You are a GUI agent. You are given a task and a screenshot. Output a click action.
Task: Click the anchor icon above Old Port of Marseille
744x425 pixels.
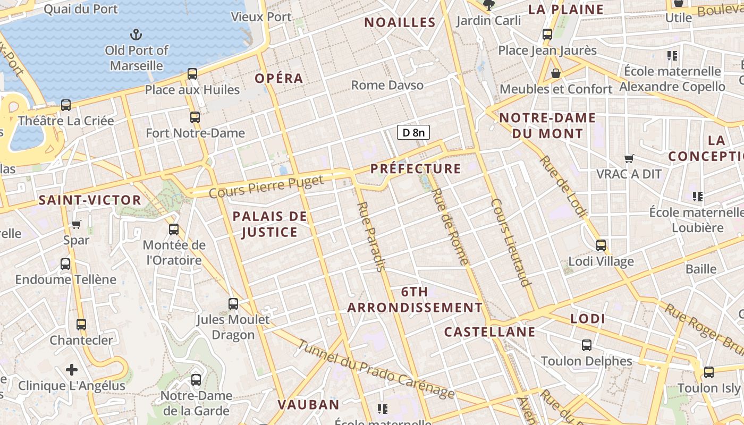pos(137,35)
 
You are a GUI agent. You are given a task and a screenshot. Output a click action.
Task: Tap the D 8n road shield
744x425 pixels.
pos(413,132)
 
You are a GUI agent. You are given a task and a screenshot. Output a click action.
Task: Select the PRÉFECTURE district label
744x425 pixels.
pos(416,169)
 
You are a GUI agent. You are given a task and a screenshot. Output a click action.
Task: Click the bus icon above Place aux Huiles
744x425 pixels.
pos(192,74)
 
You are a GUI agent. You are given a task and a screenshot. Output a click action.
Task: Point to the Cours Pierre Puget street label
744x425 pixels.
pos(266,186)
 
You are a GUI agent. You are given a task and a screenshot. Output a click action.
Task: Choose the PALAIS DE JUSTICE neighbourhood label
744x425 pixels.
pos(270,224)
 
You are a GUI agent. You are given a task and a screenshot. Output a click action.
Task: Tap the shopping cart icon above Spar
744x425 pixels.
pos(76,224)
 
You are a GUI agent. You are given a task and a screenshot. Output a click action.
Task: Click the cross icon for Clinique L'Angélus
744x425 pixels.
pos(72,370)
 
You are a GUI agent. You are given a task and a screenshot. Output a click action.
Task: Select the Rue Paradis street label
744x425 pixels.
pos(371,236)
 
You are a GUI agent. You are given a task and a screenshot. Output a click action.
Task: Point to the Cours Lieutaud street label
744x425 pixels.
pos(511,243)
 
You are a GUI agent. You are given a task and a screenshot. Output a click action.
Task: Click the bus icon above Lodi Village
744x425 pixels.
pos(601,245)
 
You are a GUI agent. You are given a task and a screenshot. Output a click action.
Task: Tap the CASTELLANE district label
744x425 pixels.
pos(489,332)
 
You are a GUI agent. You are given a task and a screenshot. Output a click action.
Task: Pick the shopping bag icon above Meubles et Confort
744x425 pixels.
pos(556,73)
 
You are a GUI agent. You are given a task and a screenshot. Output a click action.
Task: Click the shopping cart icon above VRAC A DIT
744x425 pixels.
pos(629,158)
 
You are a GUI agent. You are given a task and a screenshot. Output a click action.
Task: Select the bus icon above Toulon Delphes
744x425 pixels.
pos(587,345)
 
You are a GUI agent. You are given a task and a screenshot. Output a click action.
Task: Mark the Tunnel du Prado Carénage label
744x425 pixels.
pos(376,369)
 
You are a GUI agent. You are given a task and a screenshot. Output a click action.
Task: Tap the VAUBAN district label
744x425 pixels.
pos(308,404)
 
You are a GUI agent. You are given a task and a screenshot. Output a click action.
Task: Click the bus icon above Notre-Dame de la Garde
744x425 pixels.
pos(196,379)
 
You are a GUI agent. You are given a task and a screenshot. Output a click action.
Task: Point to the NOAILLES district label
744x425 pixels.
pos(400,22)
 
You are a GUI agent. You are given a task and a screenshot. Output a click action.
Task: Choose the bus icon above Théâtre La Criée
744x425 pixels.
pos(66,105)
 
